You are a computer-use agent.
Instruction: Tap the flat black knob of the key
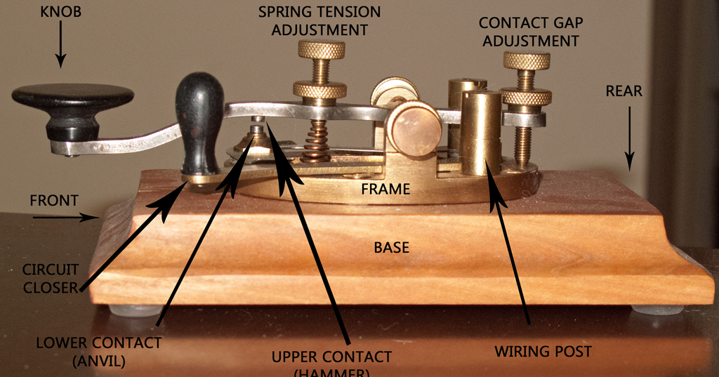[x=73, y=98]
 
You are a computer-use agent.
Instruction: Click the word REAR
[x=625, y=91]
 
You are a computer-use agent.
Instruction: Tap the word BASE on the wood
[x=391, y=248]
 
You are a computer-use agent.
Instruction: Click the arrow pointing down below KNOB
[x=60, y=49]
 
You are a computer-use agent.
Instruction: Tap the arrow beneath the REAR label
[x=629, y=137]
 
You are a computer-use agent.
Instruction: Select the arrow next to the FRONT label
[x=67, y=217]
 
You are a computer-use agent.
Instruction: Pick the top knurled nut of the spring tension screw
[x=321, y=50]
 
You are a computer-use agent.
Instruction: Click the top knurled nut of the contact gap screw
[x=527, y=61]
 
